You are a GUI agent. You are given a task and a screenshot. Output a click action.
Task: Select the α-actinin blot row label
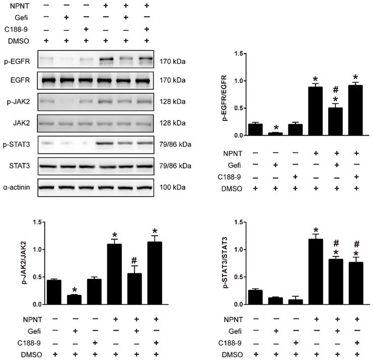pyautogui.click(x=18, y=188)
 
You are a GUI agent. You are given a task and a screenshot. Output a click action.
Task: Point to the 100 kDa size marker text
pyautogui.click(x=172, y=188)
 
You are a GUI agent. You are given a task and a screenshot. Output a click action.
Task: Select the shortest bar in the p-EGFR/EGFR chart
pyautogui.click(x=275, y=134)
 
